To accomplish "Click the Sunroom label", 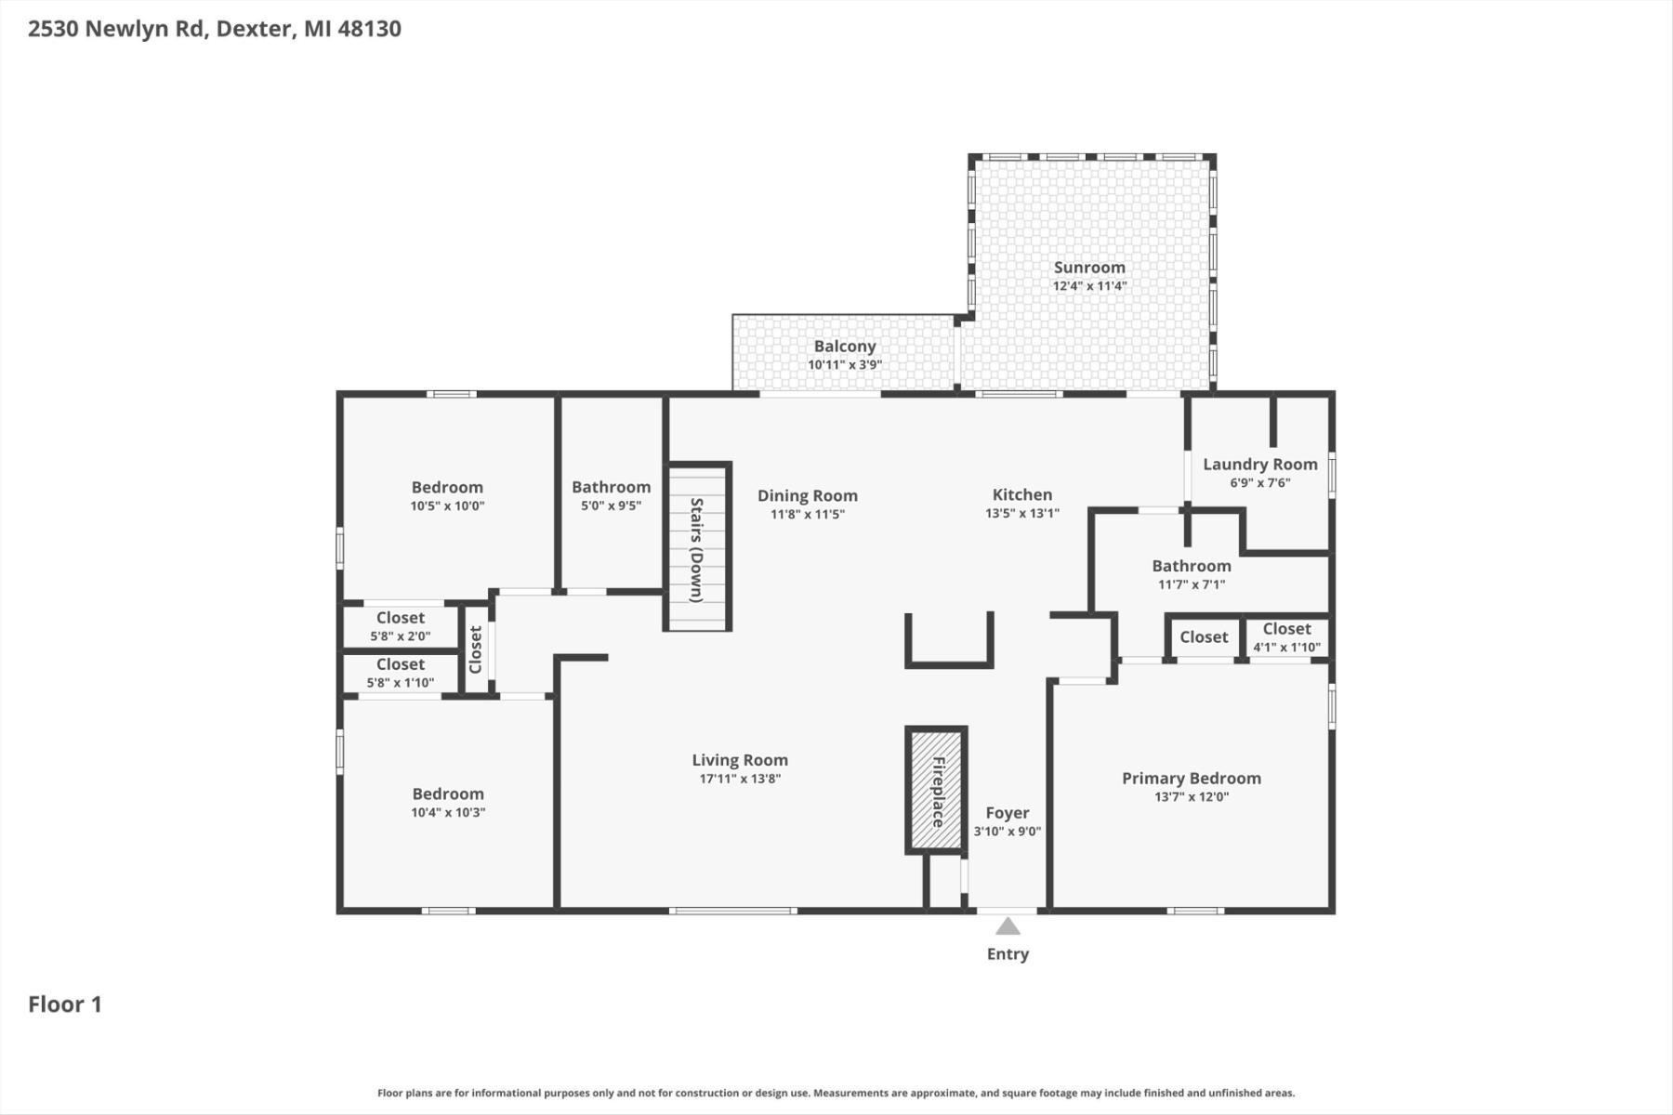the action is tap(1089, 268).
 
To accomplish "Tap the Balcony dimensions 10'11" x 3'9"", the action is tap(845, 365).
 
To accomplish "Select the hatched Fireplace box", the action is tap(937, 791).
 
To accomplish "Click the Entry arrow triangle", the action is tap(1008, 926).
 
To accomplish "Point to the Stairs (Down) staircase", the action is tap(697, 546).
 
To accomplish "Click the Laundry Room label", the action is tap(1260, 465).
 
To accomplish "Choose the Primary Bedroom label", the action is tap(1192, 779).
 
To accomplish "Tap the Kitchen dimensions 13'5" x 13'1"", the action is tap(1022, 514).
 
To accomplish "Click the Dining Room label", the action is tap(808, 496).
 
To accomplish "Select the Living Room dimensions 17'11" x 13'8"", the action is tap(740, 779).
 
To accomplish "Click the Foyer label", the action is tap(1008, 813).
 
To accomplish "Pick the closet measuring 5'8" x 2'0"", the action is tap(401, 626).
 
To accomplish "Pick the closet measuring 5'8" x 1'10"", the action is tap(401, 674).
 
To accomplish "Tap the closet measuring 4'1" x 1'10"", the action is tap(1287, 638).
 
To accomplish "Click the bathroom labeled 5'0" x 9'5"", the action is tap(612, 494).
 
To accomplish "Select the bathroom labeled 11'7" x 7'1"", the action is tap(1192, 574).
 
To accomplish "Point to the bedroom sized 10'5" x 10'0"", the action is tap(448, 496).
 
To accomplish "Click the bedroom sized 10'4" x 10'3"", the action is tap(448, 802).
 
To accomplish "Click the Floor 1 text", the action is tap(65, 1004).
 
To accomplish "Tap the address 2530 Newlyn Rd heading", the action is tap(215, 29).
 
